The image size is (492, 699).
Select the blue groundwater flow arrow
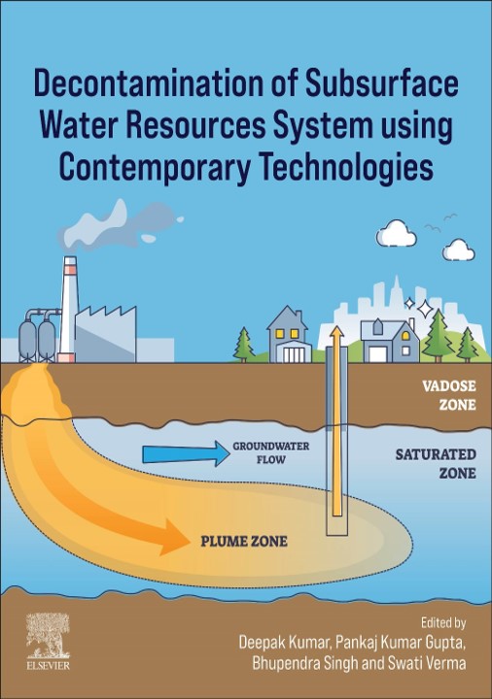pyautogui.click(x=186, y=453)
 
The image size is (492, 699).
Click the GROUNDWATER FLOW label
pyautogui.click(x=271, y=452)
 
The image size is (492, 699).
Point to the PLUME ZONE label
pyautogui.click(x=244, y=541)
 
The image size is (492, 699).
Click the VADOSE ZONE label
pyautogui.click(x=449, y=395)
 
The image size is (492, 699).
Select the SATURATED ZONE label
pyautogui.click(x=436, y=464)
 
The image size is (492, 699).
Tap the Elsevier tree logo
pyautogui.click(x=48, y=635)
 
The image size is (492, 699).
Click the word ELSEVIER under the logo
pyautogui.click(x=48, y=666)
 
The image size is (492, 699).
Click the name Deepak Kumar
pyautogui.click(x=284, y=643)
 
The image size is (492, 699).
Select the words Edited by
pyautogui.click(x=443, y=622)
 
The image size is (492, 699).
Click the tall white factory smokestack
pyautogui.click(x=69, y=310)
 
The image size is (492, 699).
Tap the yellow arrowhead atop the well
pyautogui.click(x=336, y=333)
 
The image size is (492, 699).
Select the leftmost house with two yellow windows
pyautogui.click(x=288, y=334)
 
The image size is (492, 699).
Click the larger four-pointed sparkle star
pyautogui.click(x=425, y=308)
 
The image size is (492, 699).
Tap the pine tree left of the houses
pyautogui.click(x=244, y=344)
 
